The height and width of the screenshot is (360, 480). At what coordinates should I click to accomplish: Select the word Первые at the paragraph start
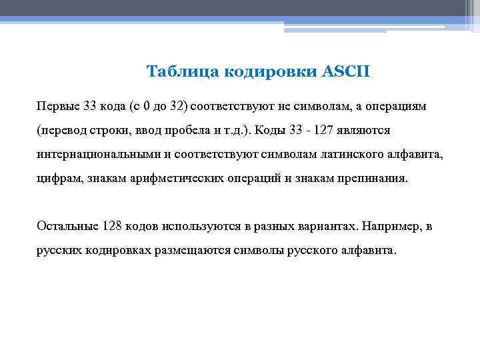tap(59, 106)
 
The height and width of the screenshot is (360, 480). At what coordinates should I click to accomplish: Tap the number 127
tap(321, 130)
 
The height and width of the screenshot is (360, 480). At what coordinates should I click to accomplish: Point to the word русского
tap(311, 251)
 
